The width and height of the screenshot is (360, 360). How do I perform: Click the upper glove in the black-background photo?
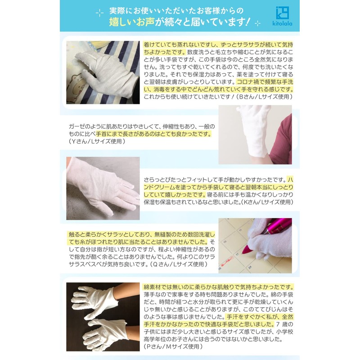pyautogui.click(x=99, y=299)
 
